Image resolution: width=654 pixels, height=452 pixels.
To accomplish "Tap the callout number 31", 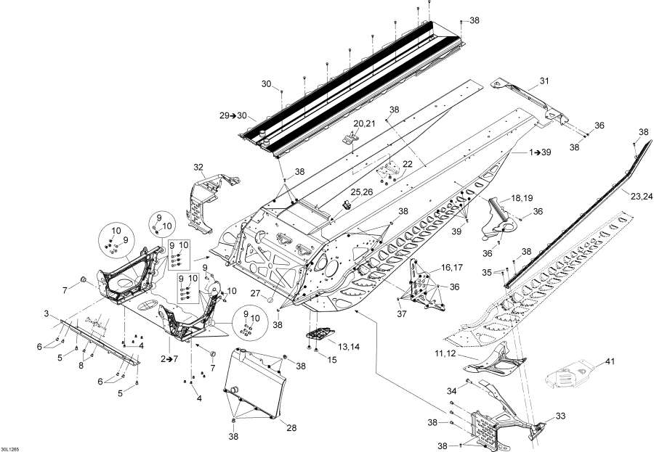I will [544, 81].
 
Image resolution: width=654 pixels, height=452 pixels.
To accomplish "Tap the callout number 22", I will [407, 163].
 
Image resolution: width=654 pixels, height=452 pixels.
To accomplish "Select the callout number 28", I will [291, 428].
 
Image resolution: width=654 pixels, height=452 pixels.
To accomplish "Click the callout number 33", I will [560, 416].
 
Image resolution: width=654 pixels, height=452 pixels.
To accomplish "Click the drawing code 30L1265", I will [12, 445].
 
